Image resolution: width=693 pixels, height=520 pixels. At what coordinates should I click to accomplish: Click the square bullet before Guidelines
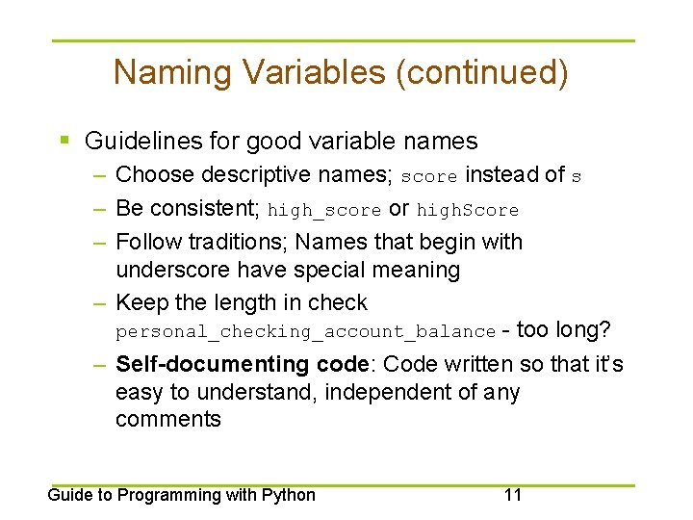[x=64, y=141]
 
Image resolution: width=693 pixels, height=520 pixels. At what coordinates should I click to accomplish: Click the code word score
[x=428, y=177]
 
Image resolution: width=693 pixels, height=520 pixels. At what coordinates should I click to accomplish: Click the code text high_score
[x=323, y=210]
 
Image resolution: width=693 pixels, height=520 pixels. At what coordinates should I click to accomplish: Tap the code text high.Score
[x=468, y=210]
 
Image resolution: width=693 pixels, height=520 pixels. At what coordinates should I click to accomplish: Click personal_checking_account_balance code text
[x=305, y=332]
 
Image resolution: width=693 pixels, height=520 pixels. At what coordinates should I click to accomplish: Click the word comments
[x=167, y=419]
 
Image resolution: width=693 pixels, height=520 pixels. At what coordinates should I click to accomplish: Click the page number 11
[x=512, y=495]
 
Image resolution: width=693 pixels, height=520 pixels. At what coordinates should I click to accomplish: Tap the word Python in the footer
[x=289, y=495]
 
